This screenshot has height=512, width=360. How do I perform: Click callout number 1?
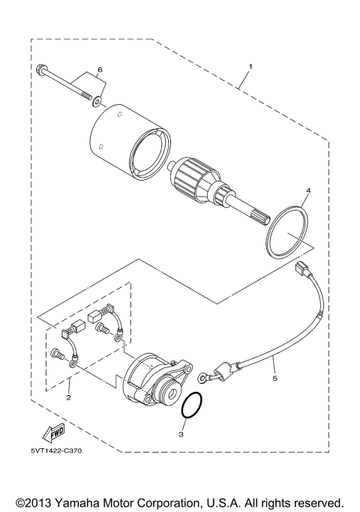coord(250,67)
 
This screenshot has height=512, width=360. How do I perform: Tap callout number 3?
coord(181,433)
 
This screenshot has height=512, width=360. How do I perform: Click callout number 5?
coord(274,379)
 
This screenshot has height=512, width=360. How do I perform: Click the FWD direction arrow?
coord(54,433)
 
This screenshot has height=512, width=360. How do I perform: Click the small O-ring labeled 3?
coord(193,407)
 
